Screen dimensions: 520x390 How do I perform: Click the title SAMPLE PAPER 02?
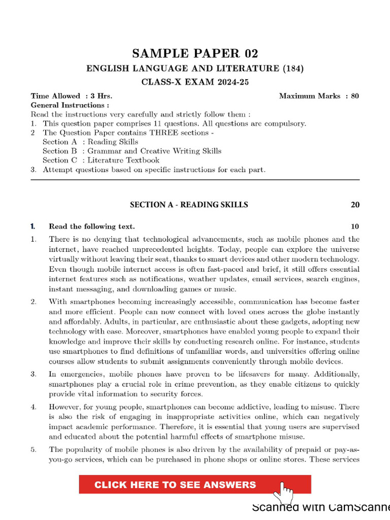click(195, 54)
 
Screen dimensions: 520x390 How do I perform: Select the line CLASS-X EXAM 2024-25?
click(195, 82)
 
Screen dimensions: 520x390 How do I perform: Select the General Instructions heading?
click(70, 105)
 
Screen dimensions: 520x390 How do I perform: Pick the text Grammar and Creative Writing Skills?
click(154, 151)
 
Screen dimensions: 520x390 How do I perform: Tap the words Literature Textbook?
click(123, 160)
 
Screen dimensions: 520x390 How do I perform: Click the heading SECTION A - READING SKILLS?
click(189, 205)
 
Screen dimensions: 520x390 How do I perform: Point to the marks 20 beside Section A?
click(355, 205)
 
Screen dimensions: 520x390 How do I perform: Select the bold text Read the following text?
click(92, 226)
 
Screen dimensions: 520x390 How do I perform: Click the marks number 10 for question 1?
click(355, 226)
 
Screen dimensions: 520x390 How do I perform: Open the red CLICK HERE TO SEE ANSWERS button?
click(176, 485)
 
